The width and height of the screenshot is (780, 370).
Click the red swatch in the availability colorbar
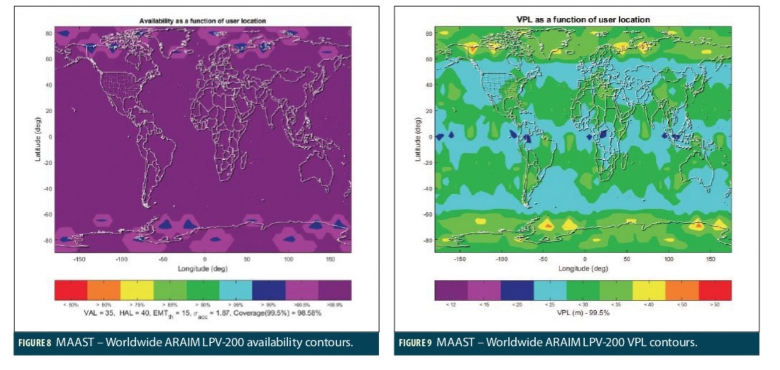[71, 290]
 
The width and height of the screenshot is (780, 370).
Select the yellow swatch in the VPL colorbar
[649, 291]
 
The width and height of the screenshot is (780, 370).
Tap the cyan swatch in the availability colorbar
[236, 290]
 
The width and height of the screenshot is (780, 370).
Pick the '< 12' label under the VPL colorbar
[451, 305]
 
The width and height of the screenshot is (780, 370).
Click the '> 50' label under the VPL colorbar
[715, 305]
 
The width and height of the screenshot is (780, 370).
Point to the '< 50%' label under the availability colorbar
[71, 305]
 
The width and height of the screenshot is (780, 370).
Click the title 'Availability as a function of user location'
[202, 21]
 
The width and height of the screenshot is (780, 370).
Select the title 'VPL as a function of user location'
[583, 20]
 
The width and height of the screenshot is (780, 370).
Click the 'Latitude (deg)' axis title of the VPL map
[418, 140]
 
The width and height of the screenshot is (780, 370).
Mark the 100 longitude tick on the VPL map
[668, 259]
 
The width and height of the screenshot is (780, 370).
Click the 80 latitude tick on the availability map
[48, 33]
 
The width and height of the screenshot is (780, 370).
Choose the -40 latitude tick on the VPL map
[428, 189]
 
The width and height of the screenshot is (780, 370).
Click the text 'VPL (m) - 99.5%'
[583, 313]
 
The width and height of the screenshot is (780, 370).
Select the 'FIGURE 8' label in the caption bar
[35, 343]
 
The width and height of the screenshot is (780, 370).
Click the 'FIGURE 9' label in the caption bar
[415, 343]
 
